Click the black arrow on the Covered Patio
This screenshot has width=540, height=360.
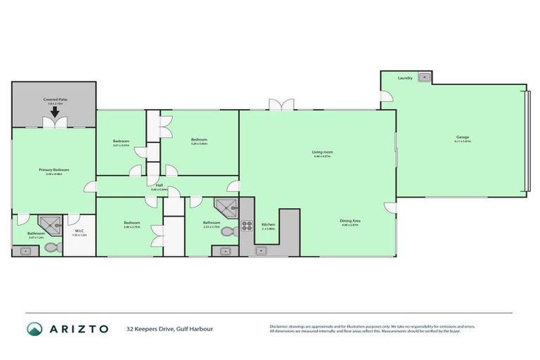(54, 111)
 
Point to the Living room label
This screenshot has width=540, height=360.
(322, 153)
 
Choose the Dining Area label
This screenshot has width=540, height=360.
(350, 221)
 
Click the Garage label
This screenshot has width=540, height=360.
(462, 137)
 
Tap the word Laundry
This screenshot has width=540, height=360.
(405, 77)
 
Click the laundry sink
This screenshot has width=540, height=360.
(424, 77)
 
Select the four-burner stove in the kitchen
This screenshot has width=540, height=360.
(247, 226)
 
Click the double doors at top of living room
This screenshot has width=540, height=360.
(281, 105)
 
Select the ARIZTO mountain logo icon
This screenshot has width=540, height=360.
(35, 328)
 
